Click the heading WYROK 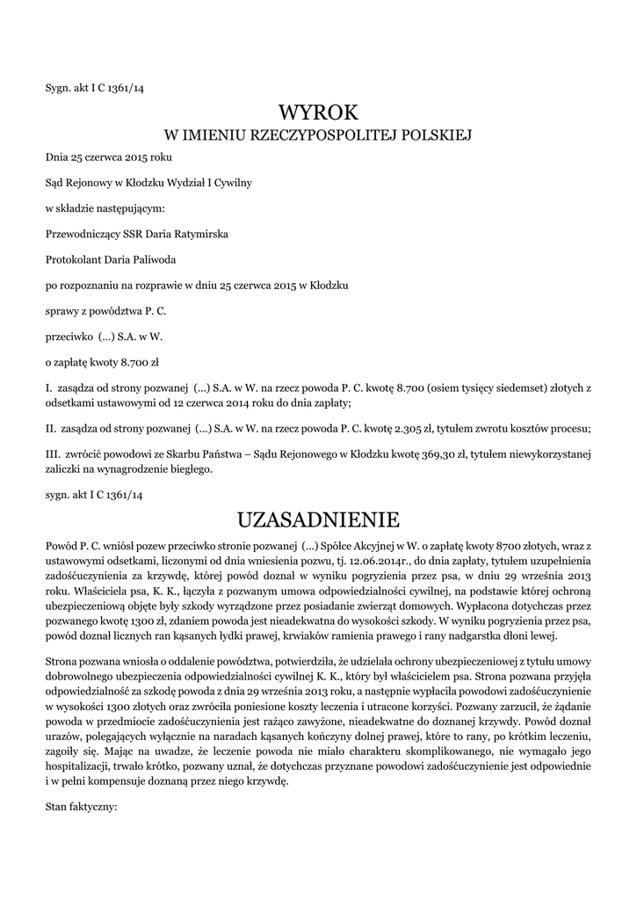319,113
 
